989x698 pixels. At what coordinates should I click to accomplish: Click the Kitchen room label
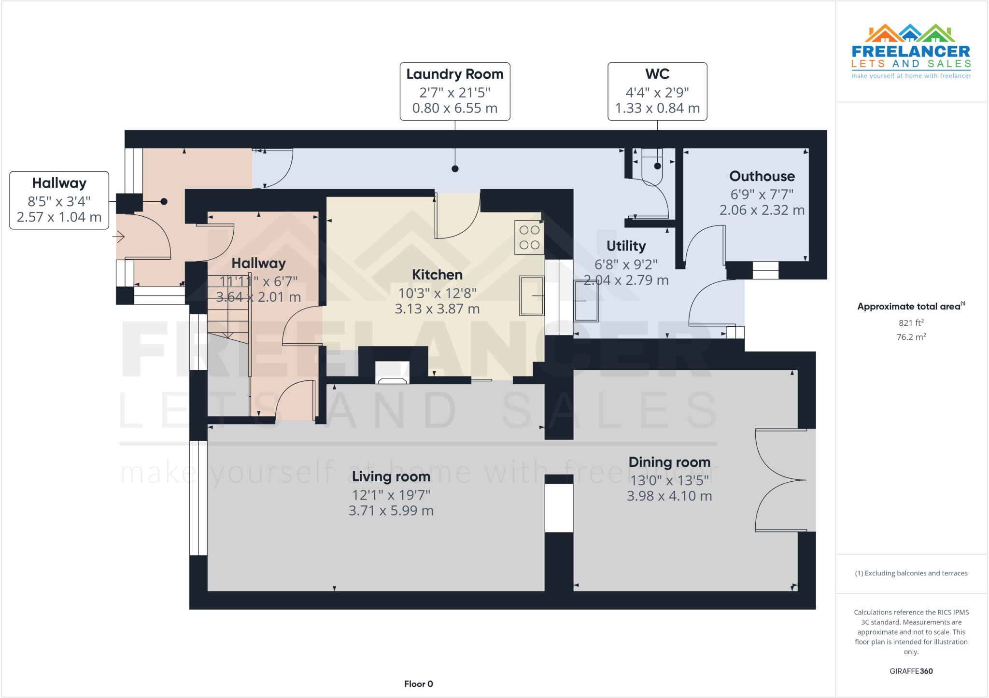click(x=437, y=275)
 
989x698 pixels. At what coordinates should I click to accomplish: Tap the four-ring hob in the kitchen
click(x=529, y=237)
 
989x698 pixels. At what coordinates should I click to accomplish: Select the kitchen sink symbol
click(x=532, y=295)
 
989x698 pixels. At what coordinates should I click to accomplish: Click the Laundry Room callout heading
click(x=454, y=74)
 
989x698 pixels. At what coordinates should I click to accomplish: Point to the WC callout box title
click(x=657, y=74)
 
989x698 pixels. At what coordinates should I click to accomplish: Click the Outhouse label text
click(x=762, y=176)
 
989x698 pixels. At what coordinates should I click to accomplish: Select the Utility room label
click(x=626, y=246)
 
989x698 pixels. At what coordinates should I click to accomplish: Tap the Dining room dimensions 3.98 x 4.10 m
click(x=669, y=496)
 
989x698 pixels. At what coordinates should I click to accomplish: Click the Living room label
click(x=391, y=477)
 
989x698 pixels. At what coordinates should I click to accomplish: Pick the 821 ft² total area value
click(x=911, y=323)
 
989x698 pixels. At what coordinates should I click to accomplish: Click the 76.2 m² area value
click(x=911, y=337)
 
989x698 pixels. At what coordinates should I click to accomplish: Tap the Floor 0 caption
click(x=418, y=684)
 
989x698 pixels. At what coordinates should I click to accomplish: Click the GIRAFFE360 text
click(x=911, y=671)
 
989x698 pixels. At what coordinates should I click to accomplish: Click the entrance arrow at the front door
click(x=119, y=237)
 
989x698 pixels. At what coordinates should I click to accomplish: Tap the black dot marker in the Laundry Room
click(x=455, y=168)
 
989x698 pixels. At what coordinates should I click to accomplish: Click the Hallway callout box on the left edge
click(x=59, y=200)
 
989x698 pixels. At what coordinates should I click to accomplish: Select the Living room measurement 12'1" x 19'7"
click(x=391, y=495)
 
